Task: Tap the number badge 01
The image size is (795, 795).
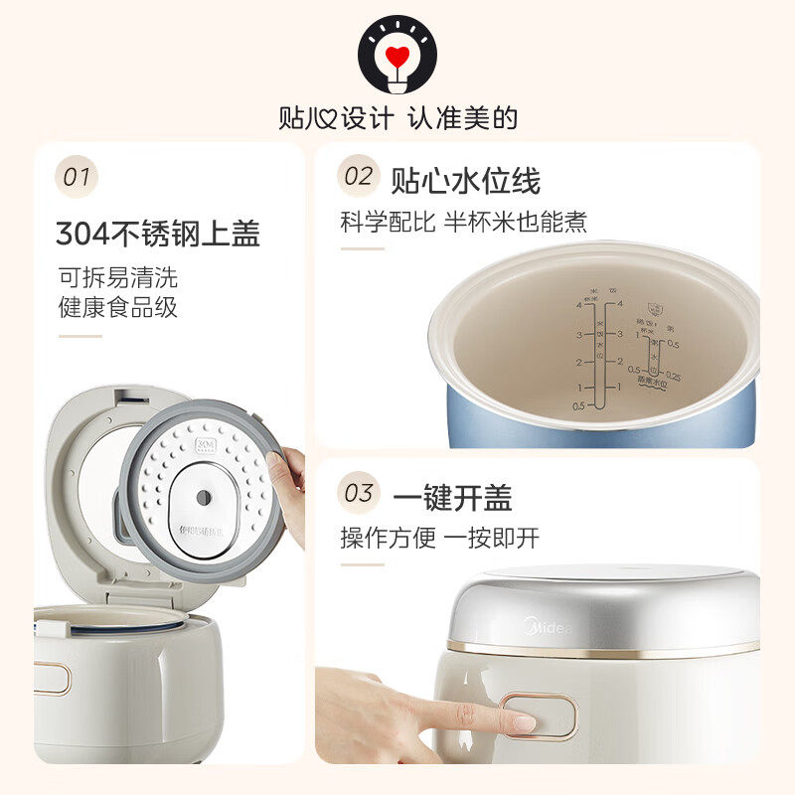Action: click(x=77, y=178)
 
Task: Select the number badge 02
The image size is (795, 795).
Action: click(x=358, y=177)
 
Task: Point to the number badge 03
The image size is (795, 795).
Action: click(x=358, y=493)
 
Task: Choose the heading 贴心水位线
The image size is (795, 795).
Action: click(x=465, y=181)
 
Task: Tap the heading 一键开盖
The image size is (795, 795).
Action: click(x=451, y=497)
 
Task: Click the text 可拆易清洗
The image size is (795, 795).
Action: click(x=117, y=277)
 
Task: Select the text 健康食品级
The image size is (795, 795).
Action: click(x=117, y=307)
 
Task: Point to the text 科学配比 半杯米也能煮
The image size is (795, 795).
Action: click(x=463, y=222)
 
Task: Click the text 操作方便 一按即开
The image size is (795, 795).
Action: click(x=439, y=539)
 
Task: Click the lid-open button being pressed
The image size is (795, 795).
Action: click(x=538, y=715)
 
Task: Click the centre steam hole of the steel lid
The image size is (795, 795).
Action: click(x=203, y=496)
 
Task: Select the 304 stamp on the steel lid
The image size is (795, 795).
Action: click(x=207, y=443)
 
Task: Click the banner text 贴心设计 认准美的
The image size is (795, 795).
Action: click(x=397, y=119)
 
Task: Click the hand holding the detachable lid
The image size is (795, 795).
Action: click(x=290, y=492)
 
